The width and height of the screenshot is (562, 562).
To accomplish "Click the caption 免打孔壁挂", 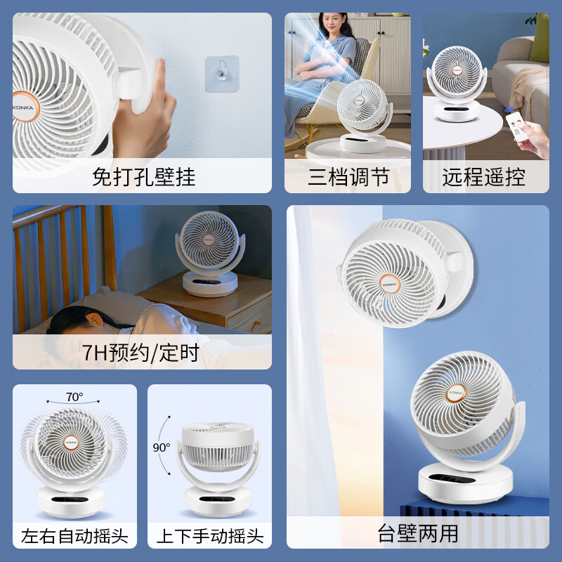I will coord(143,176).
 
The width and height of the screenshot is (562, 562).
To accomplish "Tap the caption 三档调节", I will coord(348,176).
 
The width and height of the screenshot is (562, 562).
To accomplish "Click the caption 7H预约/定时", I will coord(141,352).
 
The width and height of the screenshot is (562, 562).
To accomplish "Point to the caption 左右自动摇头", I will coord(74,537).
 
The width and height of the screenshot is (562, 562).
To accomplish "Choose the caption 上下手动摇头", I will coord(209,537).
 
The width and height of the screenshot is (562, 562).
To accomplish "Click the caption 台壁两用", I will coord(417,534).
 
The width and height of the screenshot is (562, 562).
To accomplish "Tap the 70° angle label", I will coord(74,397).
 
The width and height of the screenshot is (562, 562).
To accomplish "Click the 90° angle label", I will coord(162,447).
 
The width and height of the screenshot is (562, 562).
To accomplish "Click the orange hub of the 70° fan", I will coord(71,442).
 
